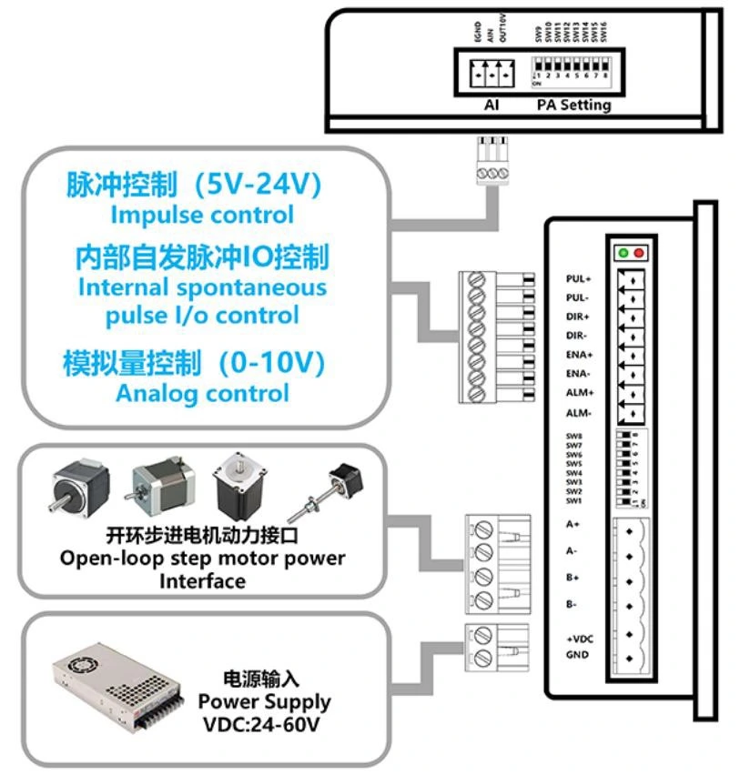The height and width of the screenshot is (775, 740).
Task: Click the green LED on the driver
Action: [624, 252]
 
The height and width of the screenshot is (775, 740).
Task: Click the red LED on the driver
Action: [639, 252]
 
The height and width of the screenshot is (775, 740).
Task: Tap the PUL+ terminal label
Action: [578, 278]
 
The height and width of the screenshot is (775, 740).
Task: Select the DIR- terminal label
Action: [577, 336]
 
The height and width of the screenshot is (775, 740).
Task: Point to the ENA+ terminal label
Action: [578, 355]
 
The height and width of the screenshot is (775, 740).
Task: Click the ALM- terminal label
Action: [578, 413]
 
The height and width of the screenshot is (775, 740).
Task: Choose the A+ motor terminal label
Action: [573, 524]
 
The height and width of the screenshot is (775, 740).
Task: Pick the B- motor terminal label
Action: [572, 604]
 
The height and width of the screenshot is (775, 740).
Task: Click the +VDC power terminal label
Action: [579, 639]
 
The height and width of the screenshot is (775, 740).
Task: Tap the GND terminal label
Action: [577, 655]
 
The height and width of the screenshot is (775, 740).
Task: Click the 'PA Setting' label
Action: [573, 105]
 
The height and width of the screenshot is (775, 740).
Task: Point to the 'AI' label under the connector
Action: [492, 105]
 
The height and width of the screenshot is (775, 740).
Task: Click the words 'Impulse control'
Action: [202, 216]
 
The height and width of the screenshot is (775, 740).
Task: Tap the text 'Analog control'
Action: [202, 394]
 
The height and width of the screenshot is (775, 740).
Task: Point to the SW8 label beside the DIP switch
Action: [573, 437]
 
